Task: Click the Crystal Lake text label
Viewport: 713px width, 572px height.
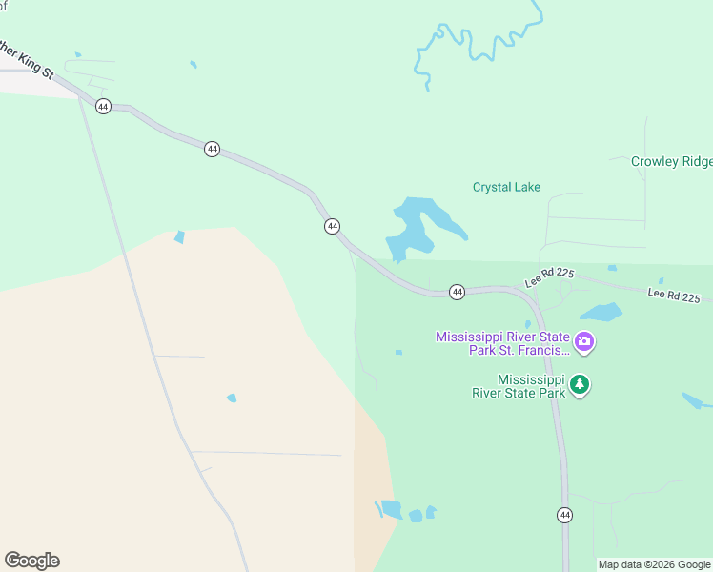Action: (506, 187)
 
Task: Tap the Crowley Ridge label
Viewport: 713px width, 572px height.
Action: (671, 161)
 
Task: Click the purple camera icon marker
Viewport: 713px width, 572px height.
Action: (584, 341)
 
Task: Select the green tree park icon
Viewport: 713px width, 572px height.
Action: (580, 386)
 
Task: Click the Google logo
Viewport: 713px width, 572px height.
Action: (31, 561)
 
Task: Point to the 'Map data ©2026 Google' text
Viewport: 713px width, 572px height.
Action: (654, 564)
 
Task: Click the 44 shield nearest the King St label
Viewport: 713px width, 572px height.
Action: (104, 106)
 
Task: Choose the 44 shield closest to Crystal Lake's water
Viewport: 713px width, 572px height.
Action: (332, 226)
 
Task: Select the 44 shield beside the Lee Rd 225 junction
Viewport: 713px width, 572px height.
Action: (457, 292)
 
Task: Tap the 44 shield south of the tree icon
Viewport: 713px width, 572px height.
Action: (564, 515)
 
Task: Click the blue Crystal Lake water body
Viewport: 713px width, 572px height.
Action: (419, 225)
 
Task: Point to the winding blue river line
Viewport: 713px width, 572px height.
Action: (477, 43)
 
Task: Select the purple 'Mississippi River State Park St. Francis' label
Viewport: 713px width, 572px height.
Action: (502, 342)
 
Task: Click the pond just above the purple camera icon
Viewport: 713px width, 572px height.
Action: (601, 312)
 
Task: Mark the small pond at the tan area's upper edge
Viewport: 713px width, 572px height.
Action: (179, 236)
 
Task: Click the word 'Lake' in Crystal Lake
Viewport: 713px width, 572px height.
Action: (526, 187)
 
